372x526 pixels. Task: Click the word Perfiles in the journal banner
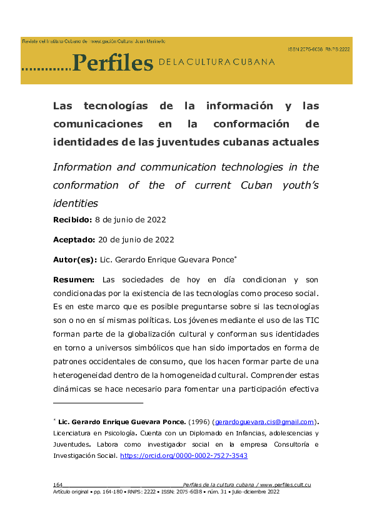(x=113, y=62)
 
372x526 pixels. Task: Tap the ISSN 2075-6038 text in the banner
(x=305, y=49)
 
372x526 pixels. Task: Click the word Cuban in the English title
(x=253, y=186)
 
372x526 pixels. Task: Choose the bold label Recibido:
(x=72, y=220)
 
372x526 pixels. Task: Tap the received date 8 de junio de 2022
(x=130, y=220)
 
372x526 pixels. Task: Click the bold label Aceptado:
(x=74, y=239)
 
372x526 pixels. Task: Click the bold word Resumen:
(x=74, y=279)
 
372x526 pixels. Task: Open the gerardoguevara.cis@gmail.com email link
(x=264, y=422)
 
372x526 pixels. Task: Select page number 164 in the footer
(x=58, y=485)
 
